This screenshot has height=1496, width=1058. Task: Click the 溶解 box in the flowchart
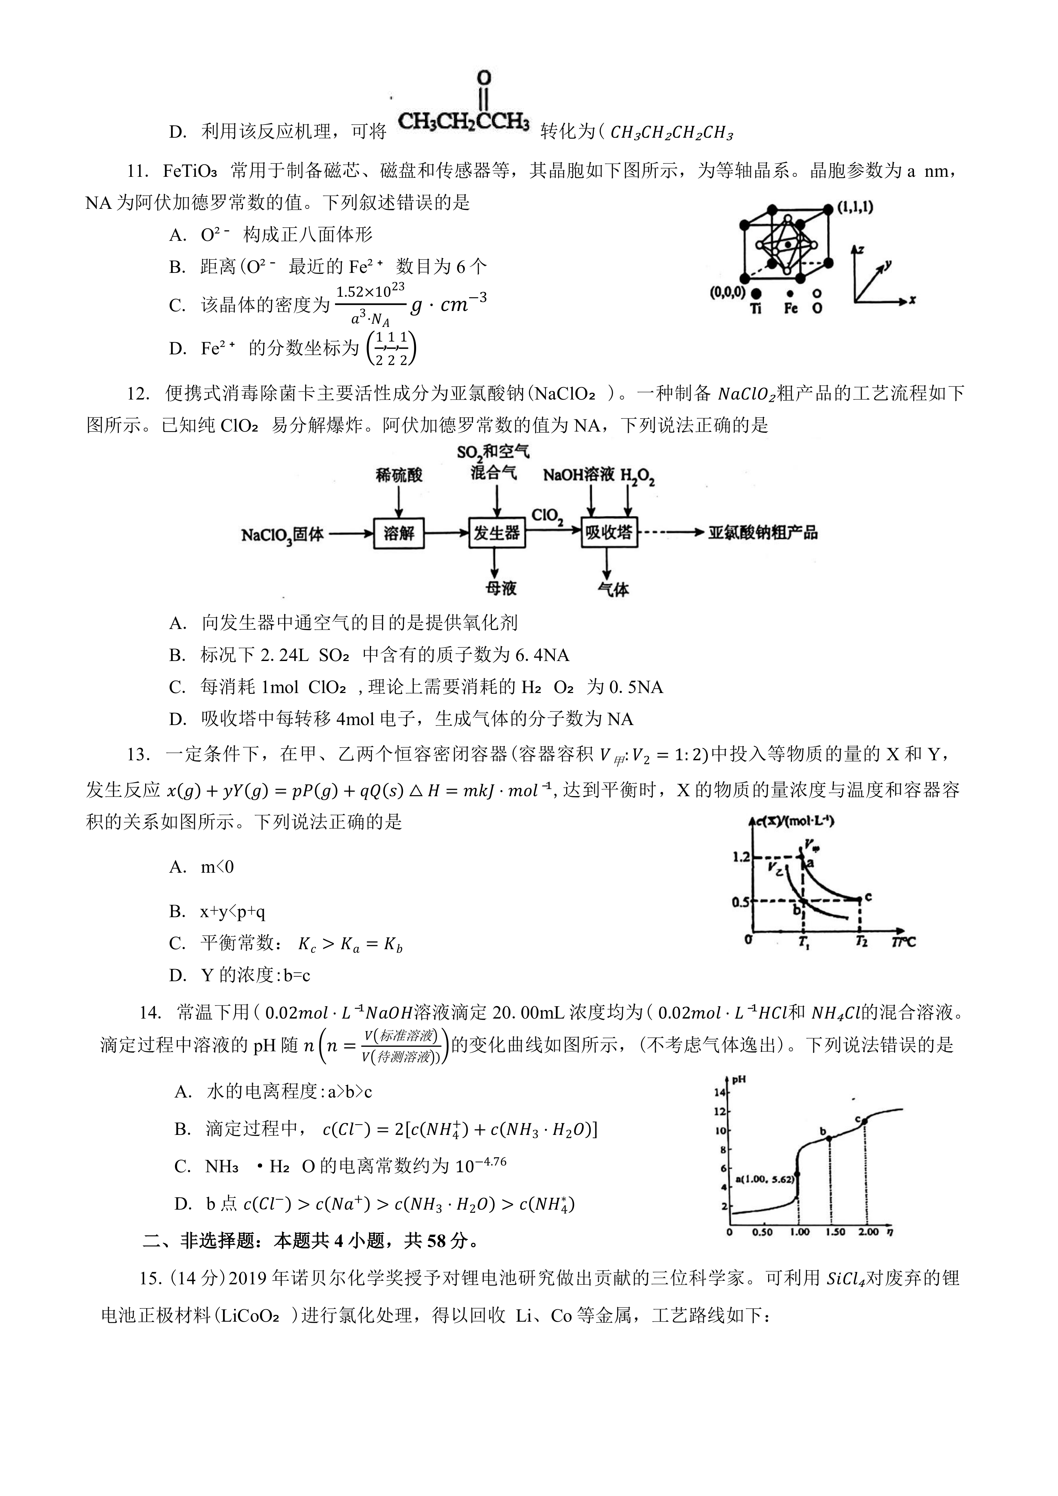click(x=399, y=534)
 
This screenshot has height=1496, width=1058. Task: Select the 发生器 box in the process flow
click(x=496, y=534)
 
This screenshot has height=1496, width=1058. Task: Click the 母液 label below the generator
click(x=500, y=588)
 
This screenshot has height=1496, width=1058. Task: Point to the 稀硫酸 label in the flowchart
click(x=399, y=475)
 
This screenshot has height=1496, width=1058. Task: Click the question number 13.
click(x=139, y=755)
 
